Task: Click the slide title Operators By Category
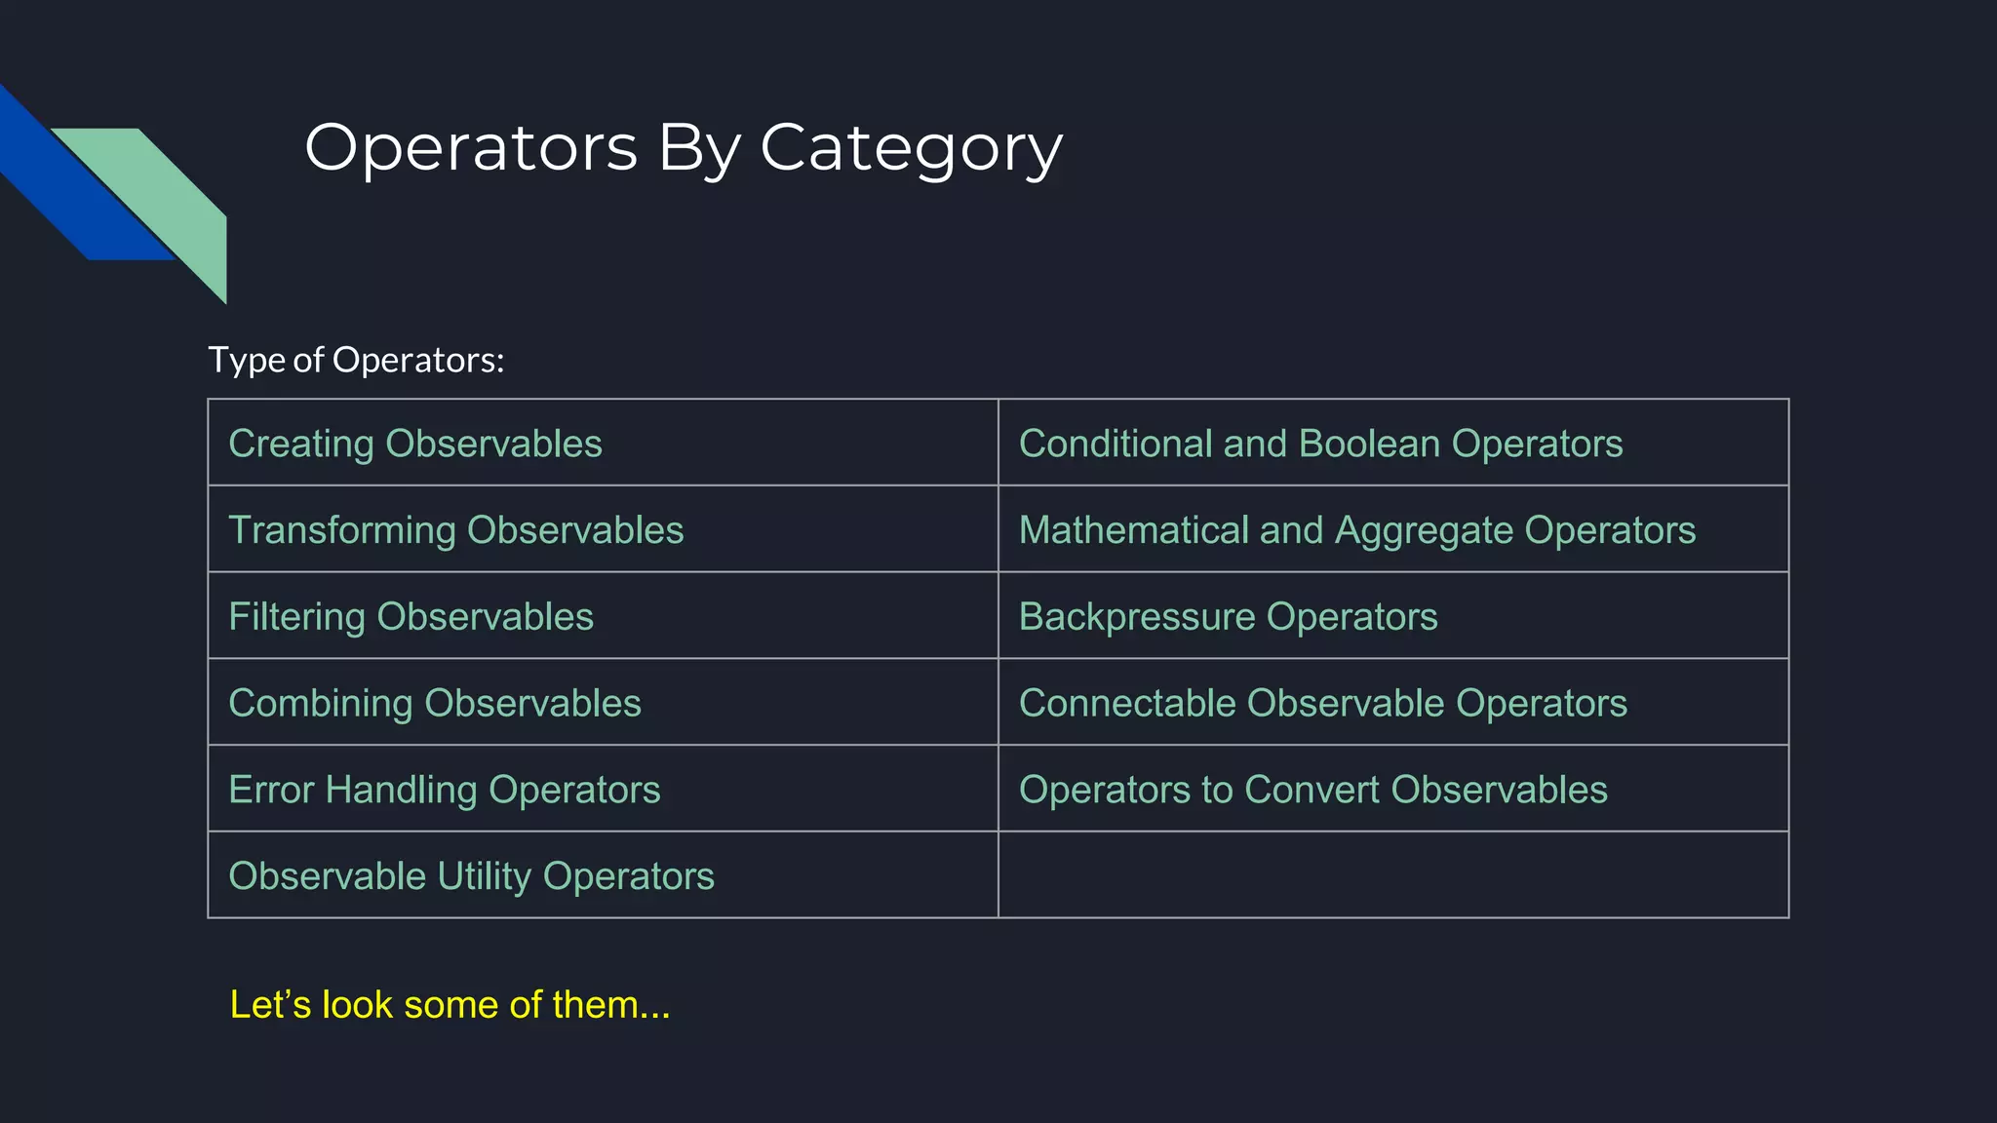tap(683, 149)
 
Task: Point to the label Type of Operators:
tap(356, 360)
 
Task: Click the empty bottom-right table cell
tap(1392, 875)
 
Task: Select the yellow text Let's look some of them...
tap(450, 1005)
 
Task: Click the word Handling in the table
tap(401, 790)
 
